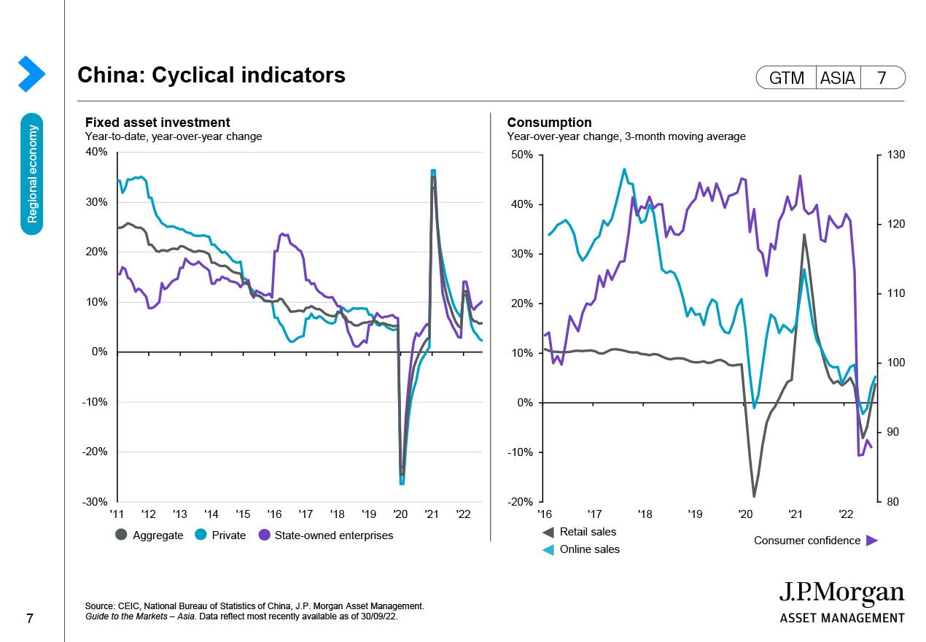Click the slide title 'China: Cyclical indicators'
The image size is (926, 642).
[x=211, y=75]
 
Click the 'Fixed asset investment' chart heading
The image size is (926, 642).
[x=157, y=123]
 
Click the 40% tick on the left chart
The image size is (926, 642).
[x=96, y=152]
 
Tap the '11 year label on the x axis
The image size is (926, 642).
[x=117, y=514]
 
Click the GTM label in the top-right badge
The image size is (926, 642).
[x=787, y=77]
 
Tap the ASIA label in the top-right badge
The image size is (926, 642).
[x=837, y=77]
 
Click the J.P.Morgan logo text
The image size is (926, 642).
[x=841, y=594]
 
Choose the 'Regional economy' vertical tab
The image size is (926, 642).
[x=32, y=174]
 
